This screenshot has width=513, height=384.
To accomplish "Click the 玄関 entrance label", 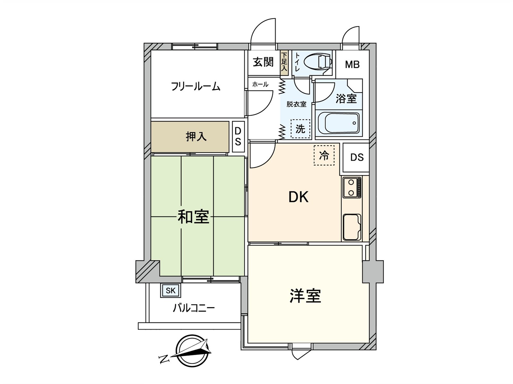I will (x=263, y=62).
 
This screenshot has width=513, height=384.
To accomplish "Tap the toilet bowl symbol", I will (x=318, y=62).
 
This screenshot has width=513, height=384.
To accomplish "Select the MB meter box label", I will (x=352, y=65).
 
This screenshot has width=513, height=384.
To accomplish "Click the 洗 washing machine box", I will (x=300, y=129).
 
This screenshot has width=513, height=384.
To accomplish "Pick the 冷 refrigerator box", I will (x=324, y=156).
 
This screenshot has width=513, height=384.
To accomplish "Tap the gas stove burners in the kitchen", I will (x=352, y=188).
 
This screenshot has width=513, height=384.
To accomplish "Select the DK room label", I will (x=299, y=197).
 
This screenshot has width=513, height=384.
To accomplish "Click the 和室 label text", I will (x=193, y=217).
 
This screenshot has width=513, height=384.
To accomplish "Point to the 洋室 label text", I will (x=305, y=296).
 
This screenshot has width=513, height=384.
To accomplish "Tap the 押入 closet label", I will (x=196, y=137).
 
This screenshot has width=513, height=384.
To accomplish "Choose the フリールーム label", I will (x=196, y=86).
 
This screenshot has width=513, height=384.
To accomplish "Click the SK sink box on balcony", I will (x=171, y=291).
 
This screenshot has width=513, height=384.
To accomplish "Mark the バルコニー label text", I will (x=194, y=308).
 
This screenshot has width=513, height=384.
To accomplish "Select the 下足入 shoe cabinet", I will (x=284, y=63).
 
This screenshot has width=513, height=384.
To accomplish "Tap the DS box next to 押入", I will (x=238, y=137).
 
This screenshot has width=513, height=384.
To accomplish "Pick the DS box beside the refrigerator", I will (x=357, y=157).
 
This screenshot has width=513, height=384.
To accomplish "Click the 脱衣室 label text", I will (x=296, y=104).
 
